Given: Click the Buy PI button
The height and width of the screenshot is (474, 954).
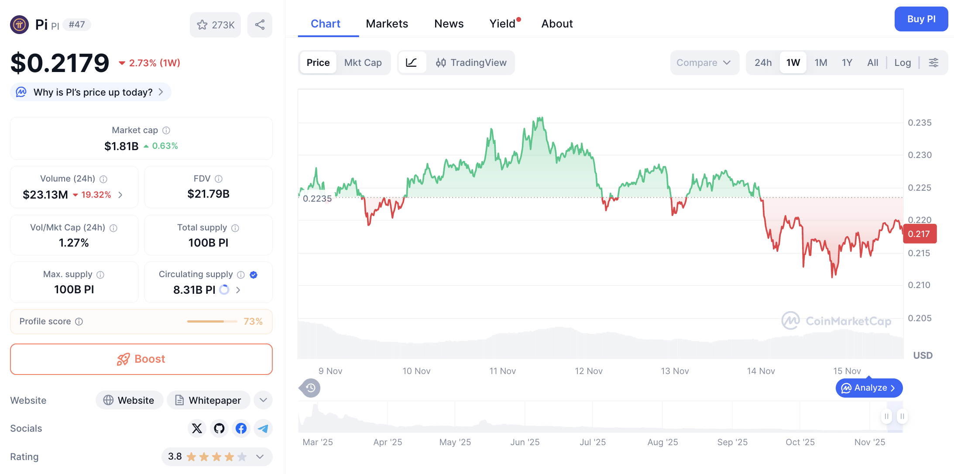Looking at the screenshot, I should [921, 19].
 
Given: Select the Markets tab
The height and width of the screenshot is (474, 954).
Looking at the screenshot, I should [387, 24].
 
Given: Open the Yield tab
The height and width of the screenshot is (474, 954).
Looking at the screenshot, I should [502, 24].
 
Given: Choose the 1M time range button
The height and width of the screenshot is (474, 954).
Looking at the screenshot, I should [820, 62].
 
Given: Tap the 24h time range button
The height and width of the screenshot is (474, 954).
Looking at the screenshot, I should [763, 62].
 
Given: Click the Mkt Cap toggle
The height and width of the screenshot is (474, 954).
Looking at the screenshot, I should [363, 62].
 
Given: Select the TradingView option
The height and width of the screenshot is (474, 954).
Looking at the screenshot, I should [471, 62].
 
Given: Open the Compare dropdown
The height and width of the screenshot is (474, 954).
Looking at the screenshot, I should [703, 62].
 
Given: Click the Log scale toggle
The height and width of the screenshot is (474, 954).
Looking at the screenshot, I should [902, 62].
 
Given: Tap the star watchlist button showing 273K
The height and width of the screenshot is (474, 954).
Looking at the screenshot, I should [216, 25].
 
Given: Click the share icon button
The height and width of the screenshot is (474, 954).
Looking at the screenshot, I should [260, 25].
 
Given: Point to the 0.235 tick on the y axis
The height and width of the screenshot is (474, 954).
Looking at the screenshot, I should [919, 123].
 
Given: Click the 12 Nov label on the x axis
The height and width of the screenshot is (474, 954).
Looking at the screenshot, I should [588, 371].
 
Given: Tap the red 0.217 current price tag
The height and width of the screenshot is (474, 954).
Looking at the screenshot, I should [919, 234].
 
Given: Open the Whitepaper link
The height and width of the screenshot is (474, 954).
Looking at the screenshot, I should [208, 400].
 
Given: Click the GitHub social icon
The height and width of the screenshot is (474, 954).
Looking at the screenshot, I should [219, 428].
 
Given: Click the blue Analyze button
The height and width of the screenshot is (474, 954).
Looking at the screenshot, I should [868, 388].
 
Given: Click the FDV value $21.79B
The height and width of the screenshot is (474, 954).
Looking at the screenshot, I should [208, 194].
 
